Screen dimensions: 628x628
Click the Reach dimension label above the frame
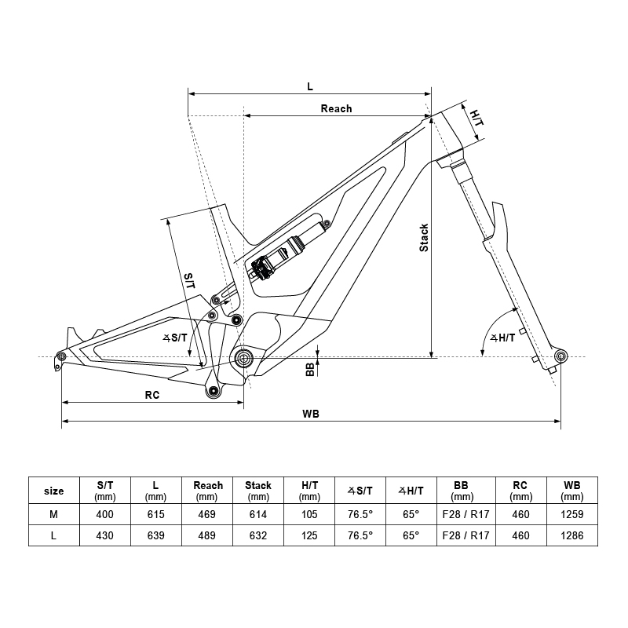point(336,108)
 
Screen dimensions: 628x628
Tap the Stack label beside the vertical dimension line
point(424,238)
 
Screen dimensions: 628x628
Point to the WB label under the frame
point(310,414)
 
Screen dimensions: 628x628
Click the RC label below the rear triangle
point(152,395)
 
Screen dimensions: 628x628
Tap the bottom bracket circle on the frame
point(243,359)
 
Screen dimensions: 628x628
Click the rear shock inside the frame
point(286,253)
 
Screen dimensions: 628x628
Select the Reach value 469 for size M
point(207,514)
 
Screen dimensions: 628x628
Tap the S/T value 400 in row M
point(105,514)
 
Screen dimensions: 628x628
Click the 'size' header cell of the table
point(54,491)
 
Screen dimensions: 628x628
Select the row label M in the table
point(54,514)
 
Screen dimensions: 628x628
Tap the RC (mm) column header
point(520,491)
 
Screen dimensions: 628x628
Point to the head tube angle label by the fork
point(502,338)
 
